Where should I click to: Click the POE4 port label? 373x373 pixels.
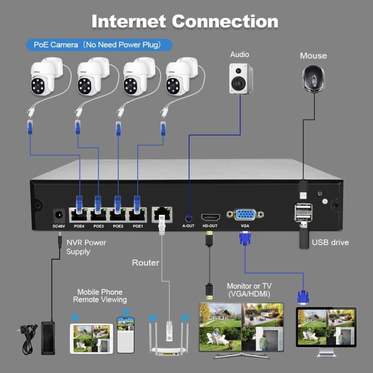[x=79, y=226]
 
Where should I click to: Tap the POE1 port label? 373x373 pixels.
[x=138, y=226]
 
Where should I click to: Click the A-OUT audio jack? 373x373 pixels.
[x=188, y=217]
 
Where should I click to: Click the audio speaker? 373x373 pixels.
[x=241, y=78]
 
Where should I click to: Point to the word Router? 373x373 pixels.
[x=146, y=263]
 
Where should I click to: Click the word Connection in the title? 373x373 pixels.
[x=225, y=21]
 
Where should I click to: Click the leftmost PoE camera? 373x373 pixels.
[x=44, y=77]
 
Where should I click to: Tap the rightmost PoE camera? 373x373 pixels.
[x=180, y=77]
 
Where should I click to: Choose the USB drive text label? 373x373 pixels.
[x=330, y=243]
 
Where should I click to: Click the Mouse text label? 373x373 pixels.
[x=313, y=56]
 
